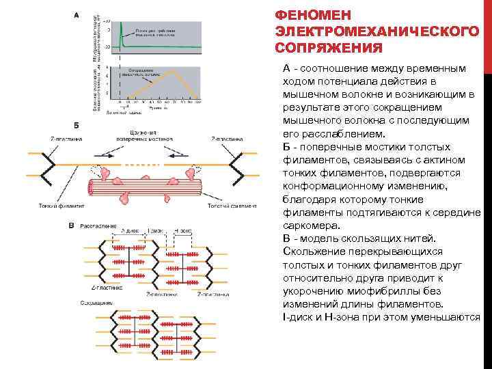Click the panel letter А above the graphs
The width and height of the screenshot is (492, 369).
point(74,14)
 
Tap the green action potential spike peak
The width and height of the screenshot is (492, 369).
point(121,24)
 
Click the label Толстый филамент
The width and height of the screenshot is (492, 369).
point(233,205)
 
